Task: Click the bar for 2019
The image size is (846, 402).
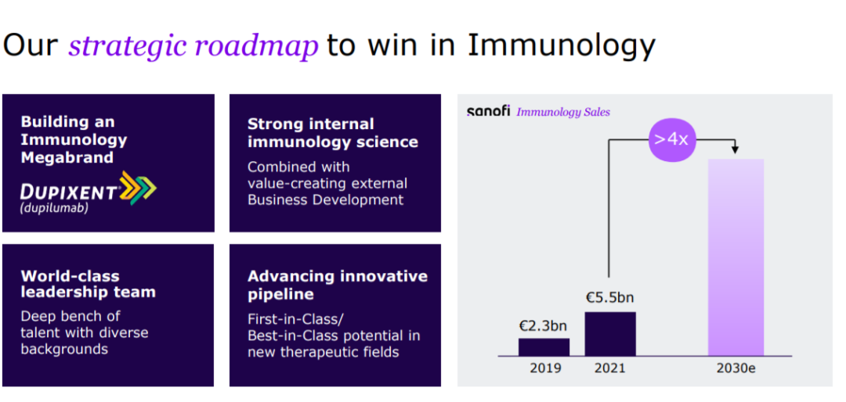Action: pos(544,347)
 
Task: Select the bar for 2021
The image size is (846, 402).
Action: pos(610,333)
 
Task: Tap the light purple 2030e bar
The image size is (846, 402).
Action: pos(736,257)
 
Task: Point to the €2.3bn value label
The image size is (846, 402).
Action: pos(544,325)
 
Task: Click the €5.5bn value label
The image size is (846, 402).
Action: pos(610,298)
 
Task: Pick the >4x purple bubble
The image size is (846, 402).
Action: pos(672,139)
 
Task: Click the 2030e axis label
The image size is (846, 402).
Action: pos(736,368)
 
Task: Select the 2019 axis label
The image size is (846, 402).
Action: pos(545,368)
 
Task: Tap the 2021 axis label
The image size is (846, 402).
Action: pos(609,368)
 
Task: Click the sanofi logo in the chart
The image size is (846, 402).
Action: pos(488,112)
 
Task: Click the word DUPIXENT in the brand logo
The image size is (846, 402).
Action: pos(70,192)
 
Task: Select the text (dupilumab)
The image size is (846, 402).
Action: pos(53,209)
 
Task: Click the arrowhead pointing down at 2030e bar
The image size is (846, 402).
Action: pos(735,149)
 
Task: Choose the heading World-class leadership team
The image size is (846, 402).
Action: pos(88,284)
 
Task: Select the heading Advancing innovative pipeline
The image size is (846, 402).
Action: pos(337,285)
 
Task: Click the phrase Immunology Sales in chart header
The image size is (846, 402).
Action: pos(563,112)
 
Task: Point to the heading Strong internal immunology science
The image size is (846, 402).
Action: pos(332,132)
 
